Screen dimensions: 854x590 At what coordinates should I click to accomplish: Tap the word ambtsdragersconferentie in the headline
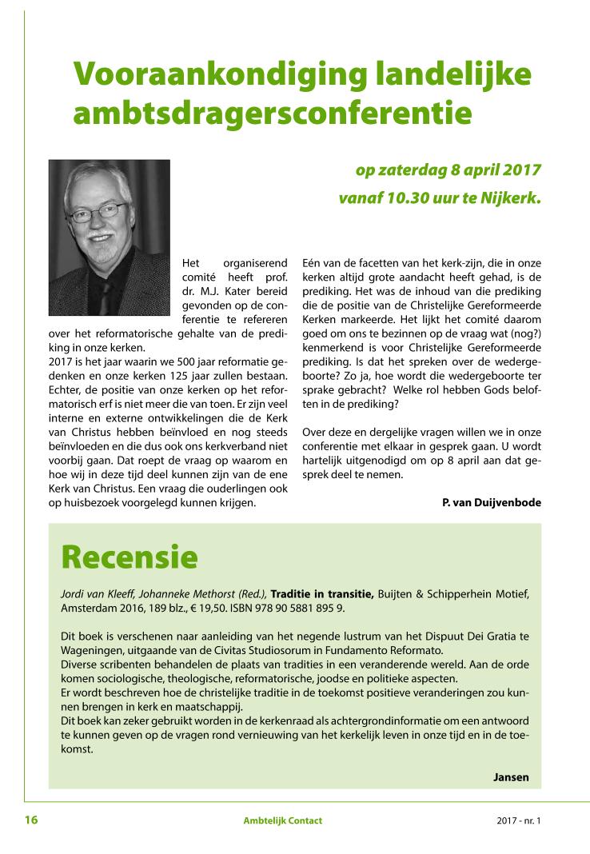(x=272, y=114)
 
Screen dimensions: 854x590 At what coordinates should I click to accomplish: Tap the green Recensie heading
(x=129, y=557)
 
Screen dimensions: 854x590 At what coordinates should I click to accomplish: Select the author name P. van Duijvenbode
(x=491, y=502)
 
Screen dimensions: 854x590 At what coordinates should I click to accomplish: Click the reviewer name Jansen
(x=511, y=776)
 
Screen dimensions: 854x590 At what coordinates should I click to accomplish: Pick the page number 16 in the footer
(x=31, y=820)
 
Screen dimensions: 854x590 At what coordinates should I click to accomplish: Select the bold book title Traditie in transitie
(x=322, y=593)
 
